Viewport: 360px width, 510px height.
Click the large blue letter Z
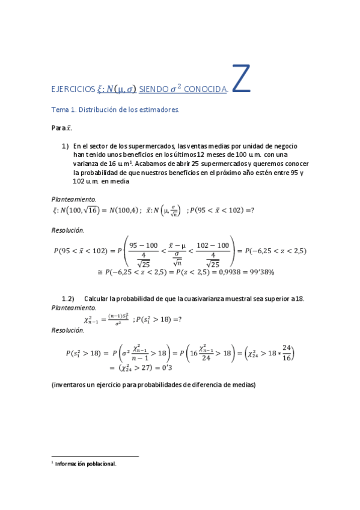240,80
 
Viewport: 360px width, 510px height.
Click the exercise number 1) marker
66,146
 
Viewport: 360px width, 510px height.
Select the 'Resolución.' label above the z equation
68,230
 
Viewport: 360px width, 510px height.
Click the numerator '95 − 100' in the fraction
143,245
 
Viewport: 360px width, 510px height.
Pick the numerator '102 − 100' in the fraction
213,245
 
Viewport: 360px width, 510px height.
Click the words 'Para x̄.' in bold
62,128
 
